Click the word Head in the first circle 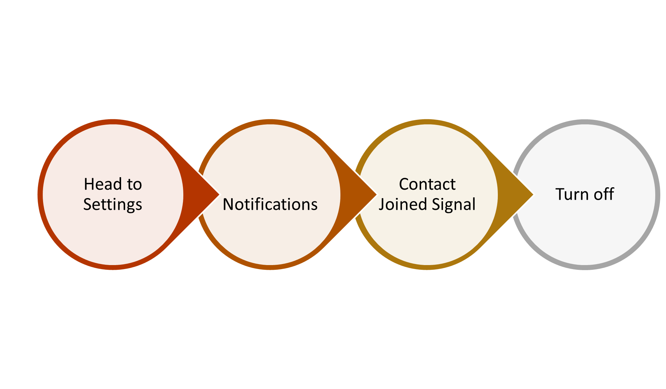click(103, 184)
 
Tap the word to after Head click(134, 185)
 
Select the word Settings click(113, 205)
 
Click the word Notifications click(270, 204)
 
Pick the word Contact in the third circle click(427, 184)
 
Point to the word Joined click(403, 205)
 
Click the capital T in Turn click(560, 194)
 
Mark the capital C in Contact click(404, 184)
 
